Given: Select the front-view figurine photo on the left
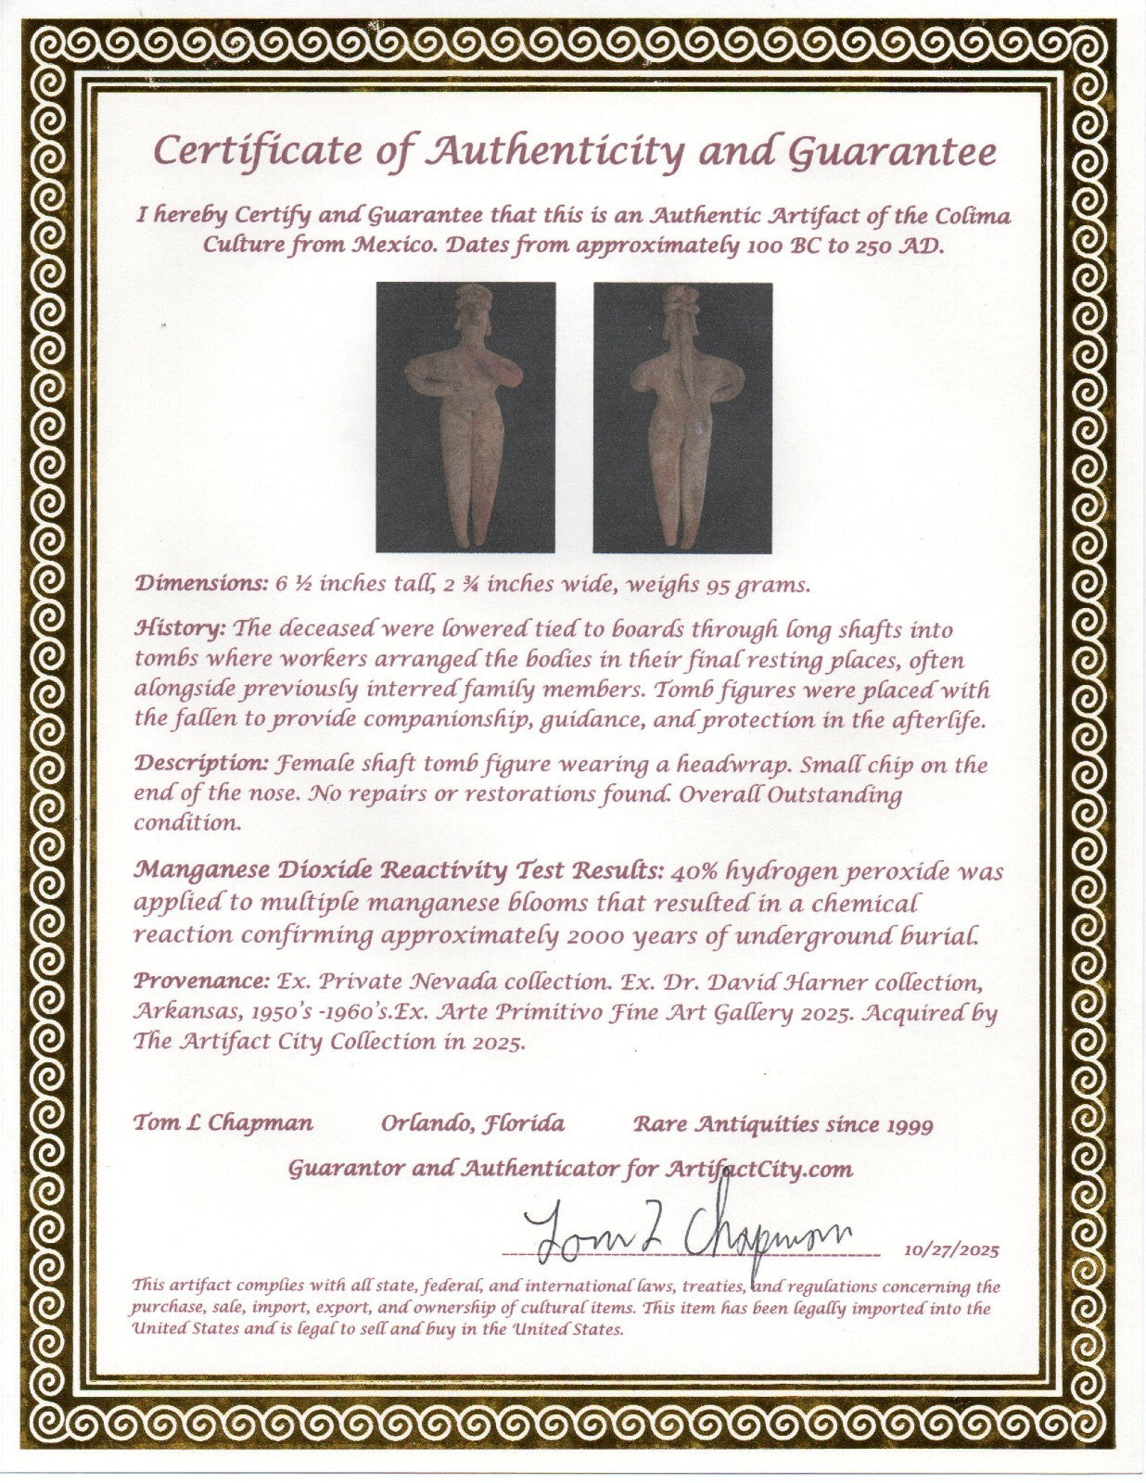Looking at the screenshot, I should (x=465, y=417).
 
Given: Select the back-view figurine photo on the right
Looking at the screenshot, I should (x=682, y=417).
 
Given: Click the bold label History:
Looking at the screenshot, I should (x=180, y=628).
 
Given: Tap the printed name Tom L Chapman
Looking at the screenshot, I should (x=223, y=1123).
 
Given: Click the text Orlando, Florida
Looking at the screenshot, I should (x=473, y=1123).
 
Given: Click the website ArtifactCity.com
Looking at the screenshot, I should (x=760, y=1169).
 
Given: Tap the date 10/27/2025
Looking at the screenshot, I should (x=951, y=1249).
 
